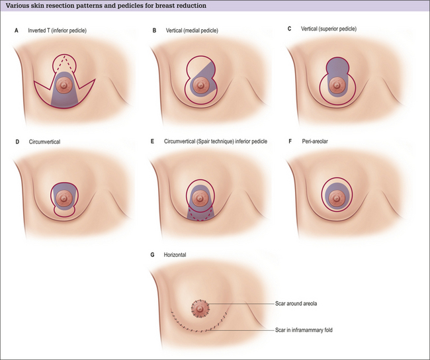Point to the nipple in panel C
(x=343, y=85)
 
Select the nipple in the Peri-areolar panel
(x=342, y=196)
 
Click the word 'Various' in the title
(x=19, y=5)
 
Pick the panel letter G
(x=153, y=253)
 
